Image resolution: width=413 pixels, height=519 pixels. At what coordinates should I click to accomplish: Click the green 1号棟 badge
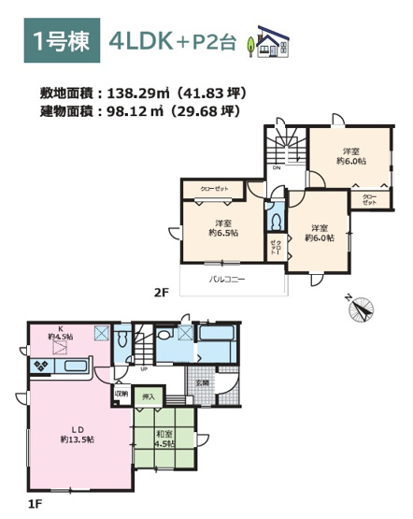[60, 41]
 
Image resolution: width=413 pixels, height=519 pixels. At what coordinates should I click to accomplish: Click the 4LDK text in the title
[139, 42]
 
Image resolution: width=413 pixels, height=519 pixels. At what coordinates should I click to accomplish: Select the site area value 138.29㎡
[138, 94]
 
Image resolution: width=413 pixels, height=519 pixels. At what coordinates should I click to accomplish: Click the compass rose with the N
[362, 307]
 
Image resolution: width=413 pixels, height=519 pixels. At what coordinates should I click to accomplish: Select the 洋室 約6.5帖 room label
[223, 228]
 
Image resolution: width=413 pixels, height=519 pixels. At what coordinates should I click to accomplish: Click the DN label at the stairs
[277, 169]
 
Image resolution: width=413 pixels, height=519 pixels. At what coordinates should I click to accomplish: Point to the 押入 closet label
[149, 396]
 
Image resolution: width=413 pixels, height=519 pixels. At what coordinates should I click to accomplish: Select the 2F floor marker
[160, 292]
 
